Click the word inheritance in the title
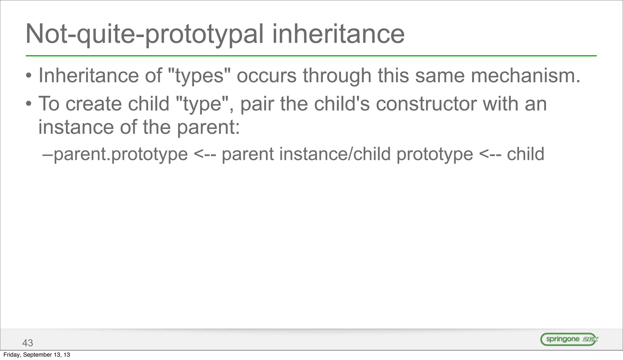338,34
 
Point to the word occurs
266,76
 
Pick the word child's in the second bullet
342,104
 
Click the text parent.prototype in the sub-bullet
120,154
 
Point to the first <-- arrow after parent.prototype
205,154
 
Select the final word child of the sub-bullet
525,154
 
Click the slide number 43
28,343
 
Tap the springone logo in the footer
569,339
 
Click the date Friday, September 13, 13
37,355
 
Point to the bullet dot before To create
29,104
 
